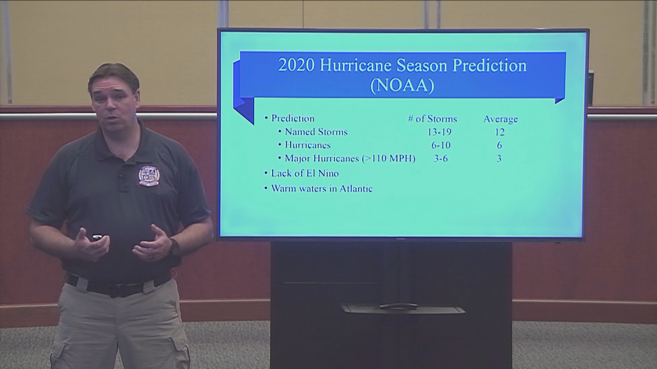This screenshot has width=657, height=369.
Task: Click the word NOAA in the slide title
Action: [402, 85]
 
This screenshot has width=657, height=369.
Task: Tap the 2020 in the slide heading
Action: [296, 65]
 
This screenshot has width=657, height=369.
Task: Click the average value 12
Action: [499, 132]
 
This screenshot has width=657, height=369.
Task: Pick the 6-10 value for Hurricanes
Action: [441, 145]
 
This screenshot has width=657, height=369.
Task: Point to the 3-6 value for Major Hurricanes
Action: [441, 158]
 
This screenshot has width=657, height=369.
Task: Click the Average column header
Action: [500, 119]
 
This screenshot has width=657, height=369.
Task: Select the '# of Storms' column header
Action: [433, 119]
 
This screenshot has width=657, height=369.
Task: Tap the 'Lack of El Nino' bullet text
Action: [305, 173]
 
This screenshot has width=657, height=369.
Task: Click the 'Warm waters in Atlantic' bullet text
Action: [322, 188]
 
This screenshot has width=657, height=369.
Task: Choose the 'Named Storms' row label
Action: [316, 132]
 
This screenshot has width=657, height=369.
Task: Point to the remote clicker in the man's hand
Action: [97, 237]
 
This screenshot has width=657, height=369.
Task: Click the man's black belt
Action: [118, 286]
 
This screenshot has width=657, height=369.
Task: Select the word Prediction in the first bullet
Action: [293, 118]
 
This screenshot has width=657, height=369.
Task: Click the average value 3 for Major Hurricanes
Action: [499, 158]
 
